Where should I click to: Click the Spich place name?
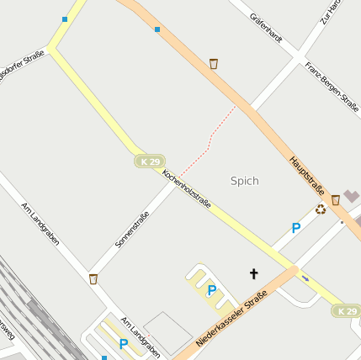(244, 181)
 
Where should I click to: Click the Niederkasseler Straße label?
(231, 320)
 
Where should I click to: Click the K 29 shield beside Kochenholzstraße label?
(150, 161)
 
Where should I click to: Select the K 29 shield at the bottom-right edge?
(347, 311)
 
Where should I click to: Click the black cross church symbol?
(253, 273)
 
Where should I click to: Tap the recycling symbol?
(321, 209)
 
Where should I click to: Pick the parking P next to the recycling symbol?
(295, 228)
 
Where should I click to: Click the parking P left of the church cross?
(211, 290)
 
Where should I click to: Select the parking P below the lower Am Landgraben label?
(124, 343)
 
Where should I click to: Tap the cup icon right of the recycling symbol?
(336, 200)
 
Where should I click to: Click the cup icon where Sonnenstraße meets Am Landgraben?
(93, 278)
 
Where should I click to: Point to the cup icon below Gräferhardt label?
(214, 63)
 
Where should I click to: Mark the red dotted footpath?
(209, 140)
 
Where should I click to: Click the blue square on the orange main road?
(157, 29)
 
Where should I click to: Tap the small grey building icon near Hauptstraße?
(351, 196)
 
